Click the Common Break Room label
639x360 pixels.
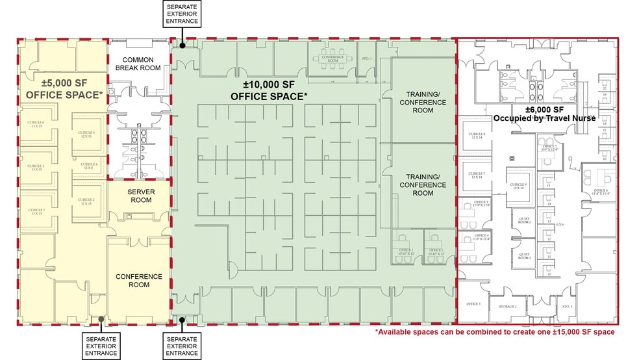[137, 64]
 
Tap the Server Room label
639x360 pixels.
[140, 196]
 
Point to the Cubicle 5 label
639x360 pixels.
[86, 135]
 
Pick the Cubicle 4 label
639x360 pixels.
[88, 166]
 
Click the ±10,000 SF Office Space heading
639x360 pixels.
[269, 91]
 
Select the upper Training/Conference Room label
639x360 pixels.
[423, 102]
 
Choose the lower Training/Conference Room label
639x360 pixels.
[423, 185]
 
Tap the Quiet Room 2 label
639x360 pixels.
[524, 220]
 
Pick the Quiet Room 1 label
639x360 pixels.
[524, 256]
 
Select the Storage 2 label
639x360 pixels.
[508, 306]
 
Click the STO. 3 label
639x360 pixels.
[567, 306]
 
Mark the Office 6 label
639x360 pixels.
[599, 192]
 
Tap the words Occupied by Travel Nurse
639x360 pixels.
[544, 118]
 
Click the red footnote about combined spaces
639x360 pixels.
[494, 332]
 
